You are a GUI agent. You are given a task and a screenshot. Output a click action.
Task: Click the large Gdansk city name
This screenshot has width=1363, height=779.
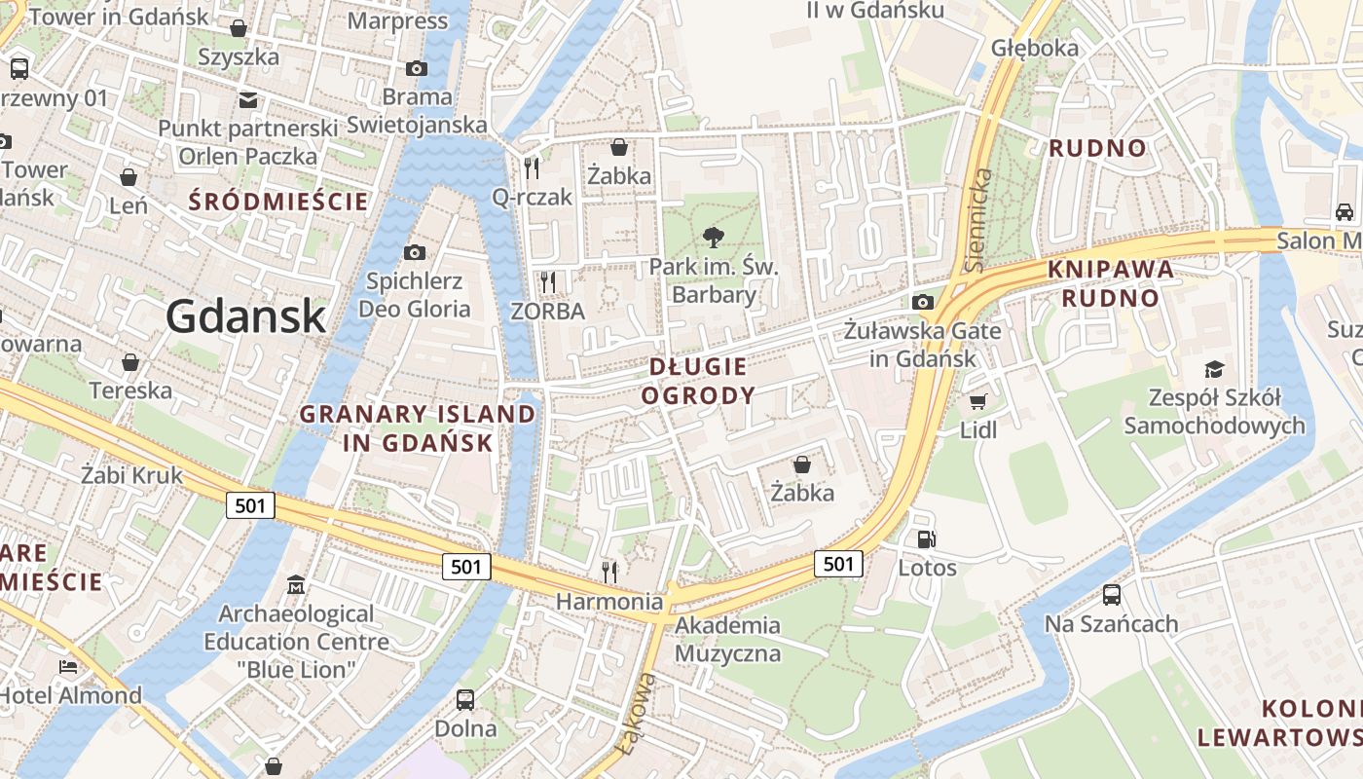245,316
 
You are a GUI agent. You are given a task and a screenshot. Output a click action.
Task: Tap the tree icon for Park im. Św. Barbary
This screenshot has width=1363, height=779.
714,237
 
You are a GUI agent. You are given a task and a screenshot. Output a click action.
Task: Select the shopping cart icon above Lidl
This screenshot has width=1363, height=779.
978,401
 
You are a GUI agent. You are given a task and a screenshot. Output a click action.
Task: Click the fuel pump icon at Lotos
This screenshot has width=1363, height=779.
927,538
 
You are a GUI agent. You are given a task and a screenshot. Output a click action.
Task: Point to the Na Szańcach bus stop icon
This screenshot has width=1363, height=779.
1112,594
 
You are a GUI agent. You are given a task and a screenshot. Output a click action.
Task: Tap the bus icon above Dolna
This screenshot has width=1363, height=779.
465,699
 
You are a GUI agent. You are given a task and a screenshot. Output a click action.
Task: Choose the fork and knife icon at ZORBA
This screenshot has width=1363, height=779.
548,282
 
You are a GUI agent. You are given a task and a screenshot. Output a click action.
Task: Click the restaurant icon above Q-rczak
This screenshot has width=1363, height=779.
532,167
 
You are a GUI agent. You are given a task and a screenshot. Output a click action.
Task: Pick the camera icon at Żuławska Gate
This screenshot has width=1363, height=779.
923,302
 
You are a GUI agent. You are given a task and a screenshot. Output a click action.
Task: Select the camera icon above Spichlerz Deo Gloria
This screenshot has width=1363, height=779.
415,252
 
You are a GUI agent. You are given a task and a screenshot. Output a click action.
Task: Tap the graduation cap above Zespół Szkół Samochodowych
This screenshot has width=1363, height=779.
1214,369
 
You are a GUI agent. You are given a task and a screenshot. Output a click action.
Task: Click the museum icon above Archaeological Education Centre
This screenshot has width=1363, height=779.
296,585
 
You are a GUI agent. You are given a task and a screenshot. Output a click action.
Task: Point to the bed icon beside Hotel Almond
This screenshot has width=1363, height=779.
68,667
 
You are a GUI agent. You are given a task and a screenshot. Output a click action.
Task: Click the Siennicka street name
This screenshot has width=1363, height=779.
981,220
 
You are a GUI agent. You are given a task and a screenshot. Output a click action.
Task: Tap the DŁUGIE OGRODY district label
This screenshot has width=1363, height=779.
698,381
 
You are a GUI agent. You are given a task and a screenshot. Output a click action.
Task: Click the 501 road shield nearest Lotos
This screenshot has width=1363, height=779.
838,563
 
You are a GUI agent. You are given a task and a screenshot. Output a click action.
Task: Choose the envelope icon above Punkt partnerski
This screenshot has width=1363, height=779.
248,99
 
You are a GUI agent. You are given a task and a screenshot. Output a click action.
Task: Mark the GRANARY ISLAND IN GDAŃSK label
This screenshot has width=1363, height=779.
418,427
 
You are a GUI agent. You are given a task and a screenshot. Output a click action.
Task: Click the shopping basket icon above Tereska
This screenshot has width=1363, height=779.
130,362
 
